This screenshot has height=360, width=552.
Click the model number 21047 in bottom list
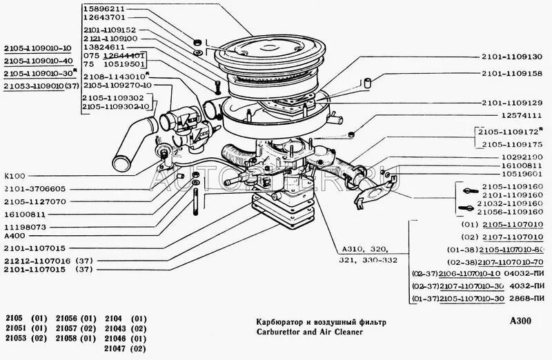tap(118, 350)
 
